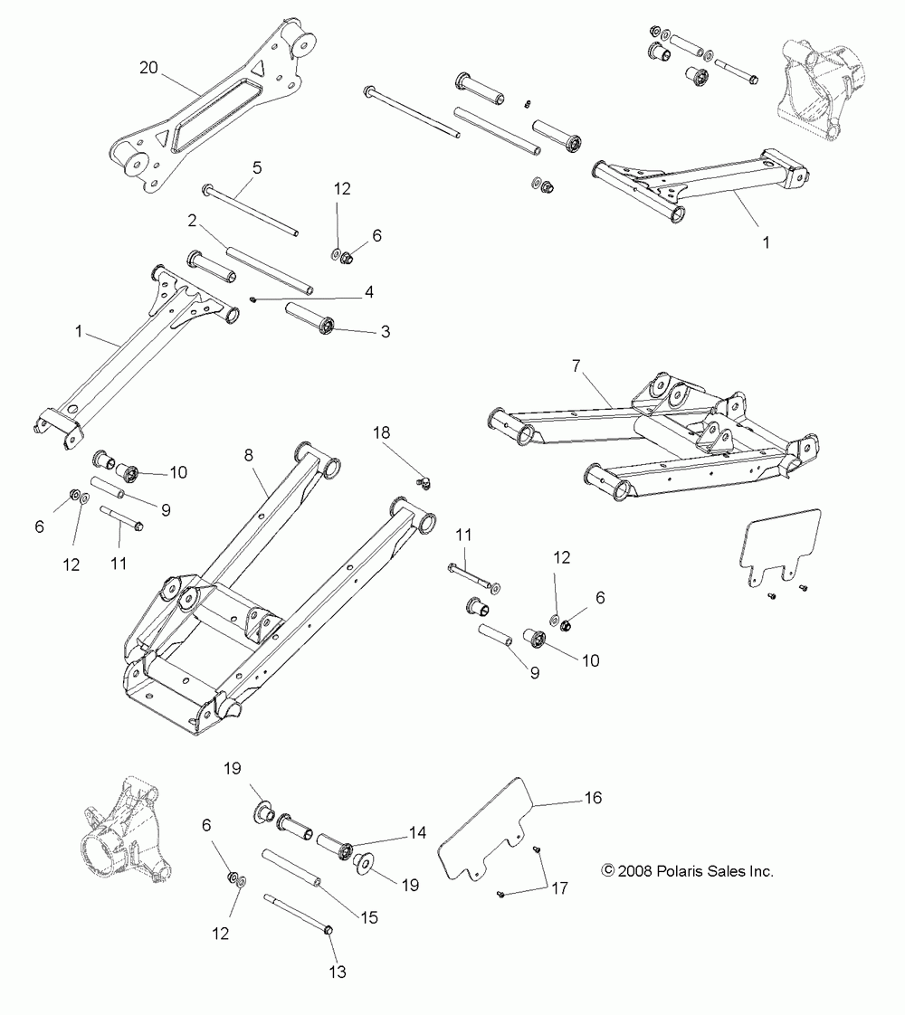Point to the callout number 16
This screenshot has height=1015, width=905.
pyautogui.click(x=593, y=798)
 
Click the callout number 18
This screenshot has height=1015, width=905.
pyautogui.click(x=383, y=434)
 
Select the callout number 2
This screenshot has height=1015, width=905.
pyautogui.click(x=192, y=220)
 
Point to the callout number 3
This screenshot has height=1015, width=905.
pyautogui.click(x=385, y=332)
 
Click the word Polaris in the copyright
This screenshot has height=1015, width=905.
pyautogui.click(x=673, y=871)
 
